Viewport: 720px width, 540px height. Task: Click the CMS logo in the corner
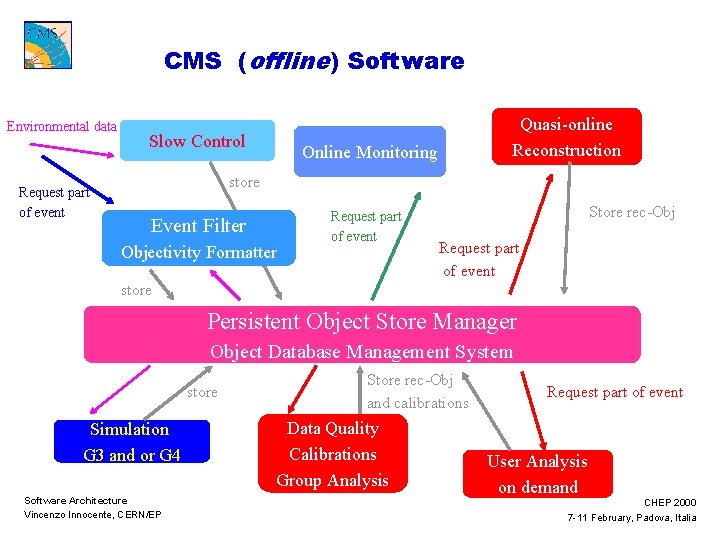pos(47,45)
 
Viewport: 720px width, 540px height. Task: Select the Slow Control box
pos(197,142)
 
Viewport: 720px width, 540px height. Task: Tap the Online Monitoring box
pos(370,152)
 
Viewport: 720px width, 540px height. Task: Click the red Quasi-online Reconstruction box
pos(566,137)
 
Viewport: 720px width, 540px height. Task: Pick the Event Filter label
pos(198,226)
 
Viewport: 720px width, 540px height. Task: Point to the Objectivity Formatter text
pos(199,252)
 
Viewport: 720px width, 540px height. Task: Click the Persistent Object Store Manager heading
pos(362,322)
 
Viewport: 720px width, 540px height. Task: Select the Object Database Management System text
pos(361,351)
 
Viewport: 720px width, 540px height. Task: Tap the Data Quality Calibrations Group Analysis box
pos(333,454)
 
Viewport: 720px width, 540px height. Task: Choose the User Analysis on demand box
pos(537,474)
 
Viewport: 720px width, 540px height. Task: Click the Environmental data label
pos(61,127)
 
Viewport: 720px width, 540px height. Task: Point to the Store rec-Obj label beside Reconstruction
pos(631,211)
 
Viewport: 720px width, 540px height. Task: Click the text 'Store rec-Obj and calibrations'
pos(417,391)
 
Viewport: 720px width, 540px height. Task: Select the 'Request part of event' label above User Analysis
pos(615,392)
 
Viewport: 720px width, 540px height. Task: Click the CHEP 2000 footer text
pos(670,502)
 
